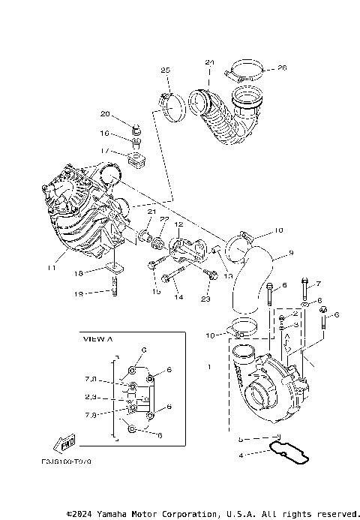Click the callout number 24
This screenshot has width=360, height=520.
pos(210,62)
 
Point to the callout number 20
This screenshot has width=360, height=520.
pos(105,114)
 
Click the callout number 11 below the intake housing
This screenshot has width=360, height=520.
pos(52,267)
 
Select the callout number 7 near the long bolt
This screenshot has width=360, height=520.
pos(318,284)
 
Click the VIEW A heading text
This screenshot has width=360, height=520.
pos(97,339)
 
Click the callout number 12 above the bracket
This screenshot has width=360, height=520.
pos(178,224)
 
